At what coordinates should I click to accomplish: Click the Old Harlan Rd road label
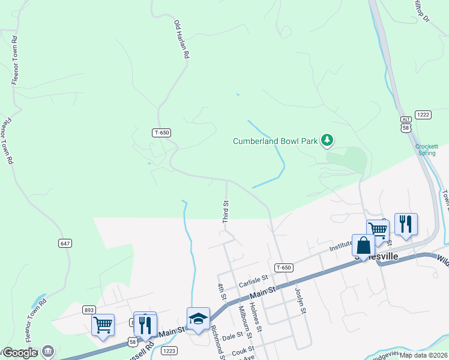pos(181,40)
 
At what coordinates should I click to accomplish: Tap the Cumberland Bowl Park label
pos(276,141)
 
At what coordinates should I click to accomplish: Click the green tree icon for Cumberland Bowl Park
pos(327,140)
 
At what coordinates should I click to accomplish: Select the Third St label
pos(226,212)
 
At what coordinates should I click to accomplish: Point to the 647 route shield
pos(65,243)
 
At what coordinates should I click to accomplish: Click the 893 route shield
pos(89,310)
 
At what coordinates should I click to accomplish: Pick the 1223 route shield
pos(170,350)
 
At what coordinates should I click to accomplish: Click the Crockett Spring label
pos(427,149)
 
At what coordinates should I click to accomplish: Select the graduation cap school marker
pos(198,319)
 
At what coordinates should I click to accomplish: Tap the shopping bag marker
pos(364,245)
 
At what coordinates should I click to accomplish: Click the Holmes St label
pos(256,318)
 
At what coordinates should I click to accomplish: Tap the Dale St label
pos(232,337)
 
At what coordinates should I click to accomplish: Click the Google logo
pos(20,353)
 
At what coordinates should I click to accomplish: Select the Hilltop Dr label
pos(422,11)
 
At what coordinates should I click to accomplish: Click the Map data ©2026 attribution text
pos(424,355)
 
